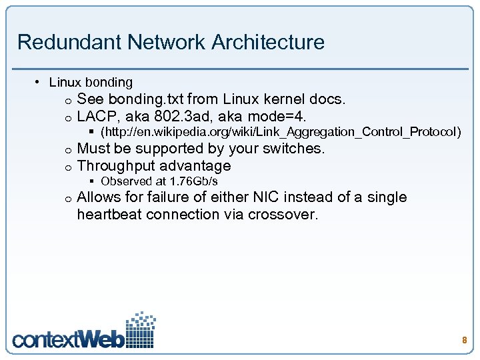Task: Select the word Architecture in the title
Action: pos(268,42)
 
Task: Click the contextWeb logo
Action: pos(84,331)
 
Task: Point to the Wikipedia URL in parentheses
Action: pos(280,132)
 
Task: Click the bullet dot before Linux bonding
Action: pos(38,82)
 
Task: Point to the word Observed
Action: pos(123,181)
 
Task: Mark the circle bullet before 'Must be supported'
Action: pos(68,149)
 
